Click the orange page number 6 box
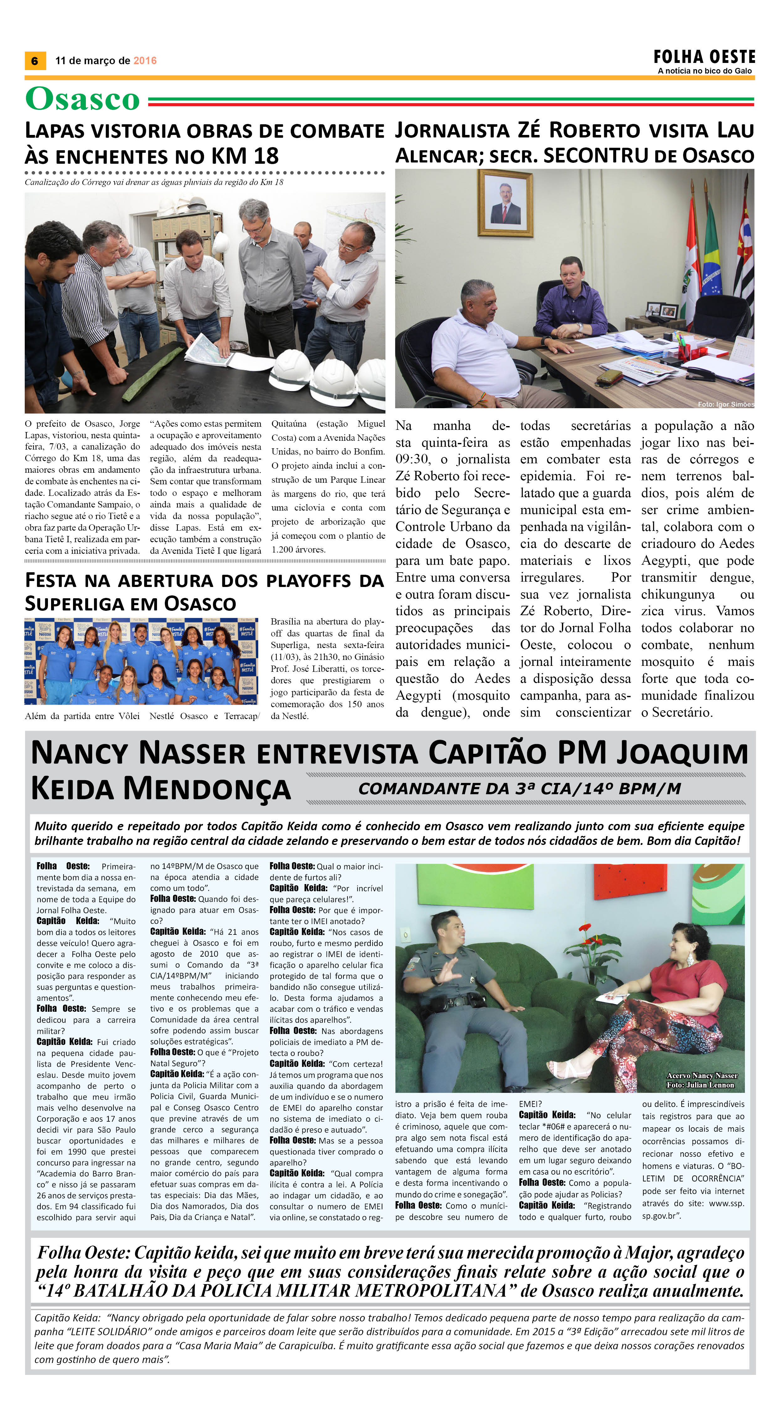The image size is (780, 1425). pos(35,60)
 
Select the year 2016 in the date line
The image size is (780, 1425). pos(145,61)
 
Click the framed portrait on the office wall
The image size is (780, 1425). pos(505,203)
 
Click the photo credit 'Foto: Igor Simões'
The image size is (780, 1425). pos(725,404)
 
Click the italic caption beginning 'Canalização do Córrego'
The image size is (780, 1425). pos(154,182)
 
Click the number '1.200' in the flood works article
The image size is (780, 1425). pos(281,550)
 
